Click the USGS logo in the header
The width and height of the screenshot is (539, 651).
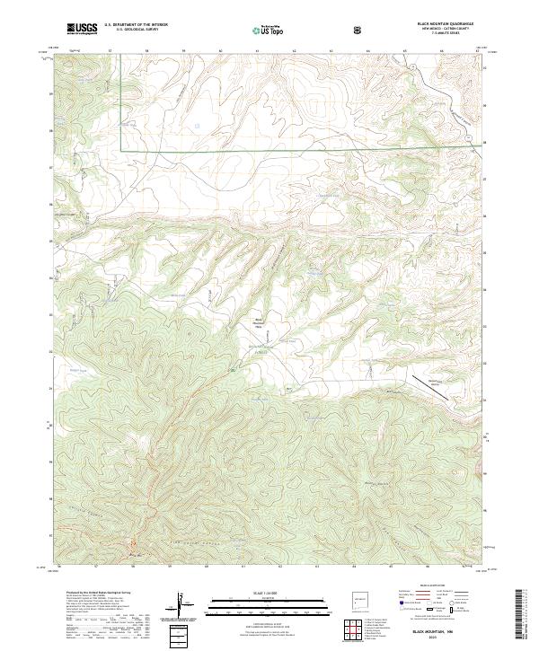82,28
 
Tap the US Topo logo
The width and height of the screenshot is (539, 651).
271,29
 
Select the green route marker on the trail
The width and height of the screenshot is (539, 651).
233,370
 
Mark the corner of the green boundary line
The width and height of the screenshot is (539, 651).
122,149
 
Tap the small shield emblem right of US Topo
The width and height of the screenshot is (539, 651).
359,29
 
